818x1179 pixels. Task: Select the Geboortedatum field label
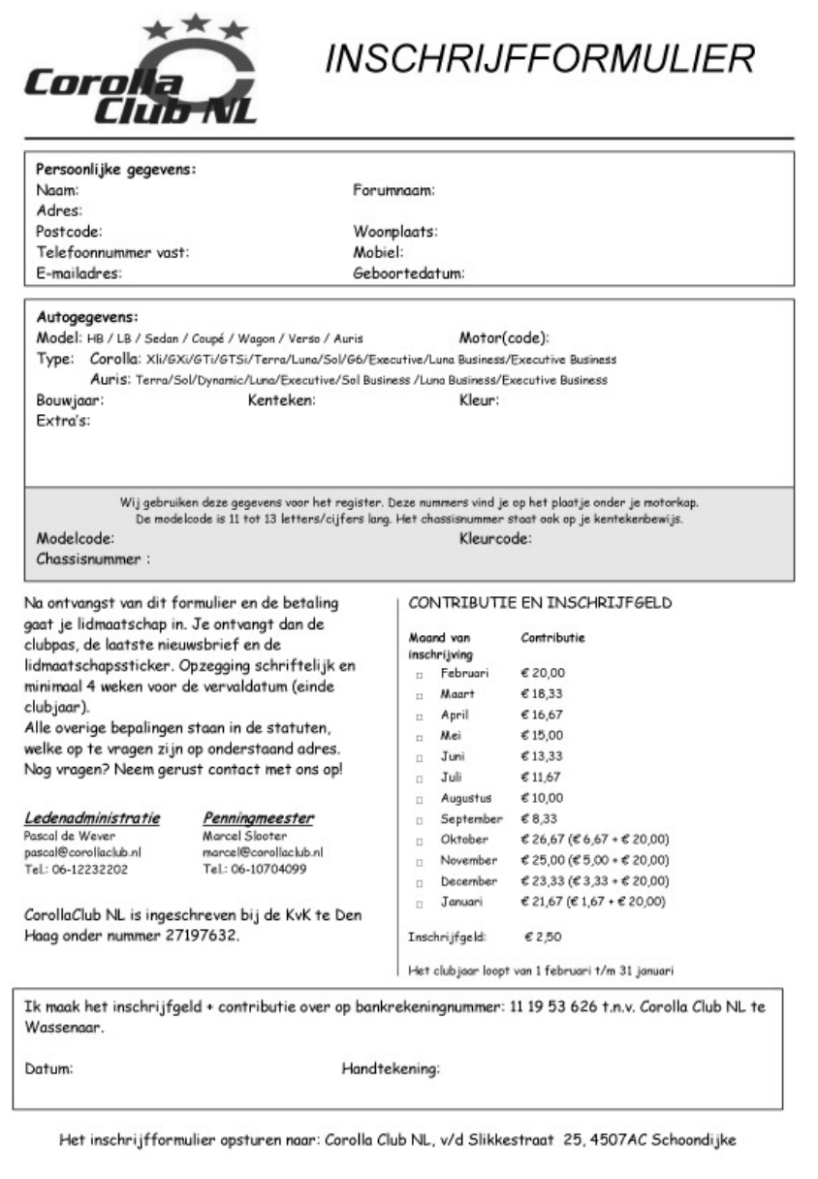click(409, 273)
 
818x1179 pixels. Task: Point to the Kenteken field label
click(282, 400)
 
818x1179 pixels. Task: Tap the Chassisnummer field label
click(91, 559)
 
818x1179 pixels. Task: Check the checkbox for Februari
click(421, 673)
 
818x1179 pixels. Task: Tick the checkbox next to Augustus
click(421, 799)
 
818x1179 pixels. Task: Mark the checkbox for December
click(421, 881)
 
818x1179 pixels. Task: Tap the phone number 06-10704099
click(258, 868)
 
